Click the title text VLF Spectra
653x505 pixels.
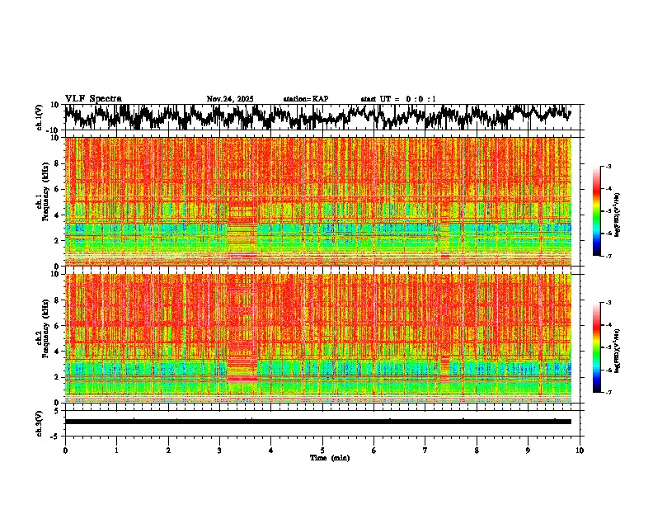pos(93,98)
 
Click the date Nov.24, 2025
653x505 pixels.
pos(230,99)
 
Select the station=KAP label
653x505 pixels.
pos(306,99)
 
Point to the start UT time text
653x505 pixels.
pos(398,99)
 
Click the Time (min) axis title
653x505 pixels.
pos(329,457)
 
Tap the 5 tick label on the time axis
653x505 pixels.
pos(322,451)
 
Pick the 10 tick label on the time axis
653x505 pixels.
pos(580,451)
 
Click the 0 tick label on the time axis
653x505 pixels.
pos(65,451)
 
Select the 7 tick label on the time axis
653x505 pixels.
pos(425,451)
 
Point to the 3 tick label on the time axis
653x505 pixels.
pos(219,451)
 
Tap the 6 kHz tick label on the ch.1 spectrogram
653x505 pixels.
pos(57,189)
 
